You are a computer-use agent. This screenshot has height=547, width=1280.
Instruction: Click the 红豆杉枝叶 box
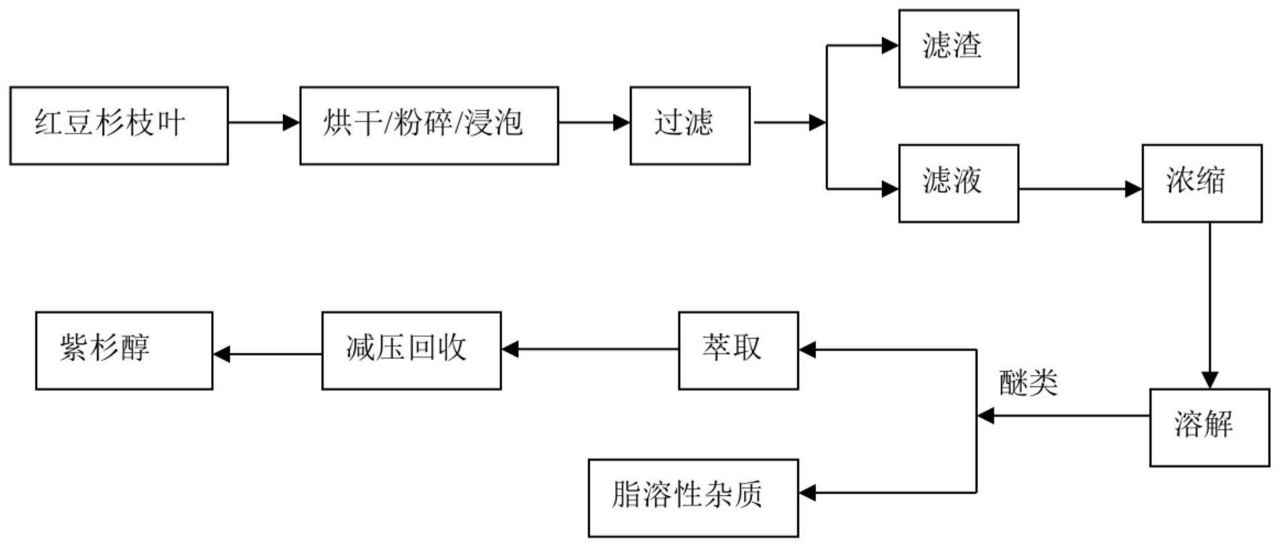(x=119, y=126)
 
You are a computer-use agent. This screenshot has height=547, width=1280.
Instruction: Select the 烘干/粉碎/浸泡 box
(x=429, y=126)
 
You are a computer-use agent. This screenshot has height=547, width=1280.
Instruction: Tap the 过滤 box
(x=690, y=126)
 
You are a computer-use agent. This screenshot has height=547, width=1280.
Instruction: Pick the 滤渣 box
(x=959, y=48)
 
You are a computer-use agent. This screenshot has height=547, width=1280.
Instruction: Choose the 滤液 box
(x=959, y=183)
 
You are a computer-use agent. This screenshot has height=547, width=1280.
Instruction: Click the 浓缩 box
(x=1202, y=183)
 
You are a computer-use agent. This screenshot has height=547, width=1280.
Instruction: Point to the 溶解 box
(x=1209, y=427)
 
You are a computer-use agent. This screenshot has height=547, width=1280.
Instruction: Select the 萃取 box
(x=738, y=350)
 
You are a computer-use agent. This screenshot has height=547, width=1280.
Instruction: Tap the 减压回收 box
(x=411, y=350)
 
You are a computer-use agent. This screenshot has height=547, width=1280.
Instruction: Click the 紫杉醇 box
(x=124, y=350)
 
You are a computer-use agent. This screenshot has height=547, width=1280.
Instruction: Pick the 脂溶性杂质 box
(x=693, y=498)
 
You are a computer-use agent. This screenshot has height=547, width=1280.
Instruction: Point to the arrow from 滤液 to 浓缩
(x=1080, y=189)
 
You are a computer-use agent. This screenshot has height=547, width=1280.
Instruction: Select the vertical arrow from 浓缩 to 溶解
(x=1210, y=306)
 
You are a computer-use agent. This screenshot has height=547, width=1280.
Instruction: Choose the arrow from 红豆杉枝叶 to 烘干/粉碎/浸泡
(x=264, y=122)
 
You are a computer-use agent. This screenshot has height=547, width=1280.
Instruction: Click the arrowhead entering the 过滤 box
(x=621, y=122)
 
